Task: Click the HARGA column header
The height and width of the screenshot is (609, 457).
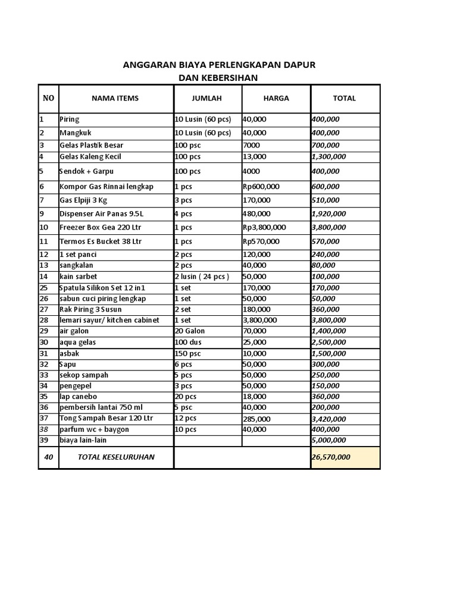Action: pos(276,98)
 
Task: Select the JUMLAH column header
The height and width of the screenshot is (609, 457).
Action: pos(206,98)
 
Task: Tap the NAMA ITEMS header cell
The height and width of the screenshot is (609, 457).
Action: pos(115,98)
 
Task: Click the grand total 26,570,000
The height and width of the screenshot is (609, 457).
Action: pos(331,457)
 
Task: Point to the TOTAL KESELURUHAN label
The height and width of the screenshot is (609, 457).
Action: pos(116,457)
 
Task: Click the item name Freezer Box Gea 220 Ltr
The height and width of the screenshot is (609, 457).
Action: pos(100,227)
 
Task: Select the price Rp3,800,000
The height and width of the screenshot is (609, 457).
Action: pos(264,227)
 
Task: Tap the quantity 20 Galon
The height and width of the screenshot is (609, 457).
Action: pos(190,331)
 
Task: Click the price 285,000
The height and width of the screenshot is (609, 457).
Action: pos(256,419)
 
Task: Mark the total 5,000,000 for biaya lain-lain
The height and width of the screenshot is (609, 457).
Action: pos(328,440)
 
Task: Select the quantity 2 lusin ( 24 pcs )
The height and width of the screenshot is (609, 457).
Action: pos(202,277)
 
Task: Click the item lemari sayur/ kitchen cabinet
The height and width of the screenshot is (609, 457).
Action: pos(109,320)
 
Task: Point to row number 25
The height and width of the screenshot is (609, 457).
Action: pos(43,288)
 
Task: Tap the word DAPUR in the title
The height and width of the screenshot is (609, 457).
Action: pos(299,65)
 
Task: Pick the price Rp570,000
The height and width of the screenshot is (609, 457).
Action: pos(262,241)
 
